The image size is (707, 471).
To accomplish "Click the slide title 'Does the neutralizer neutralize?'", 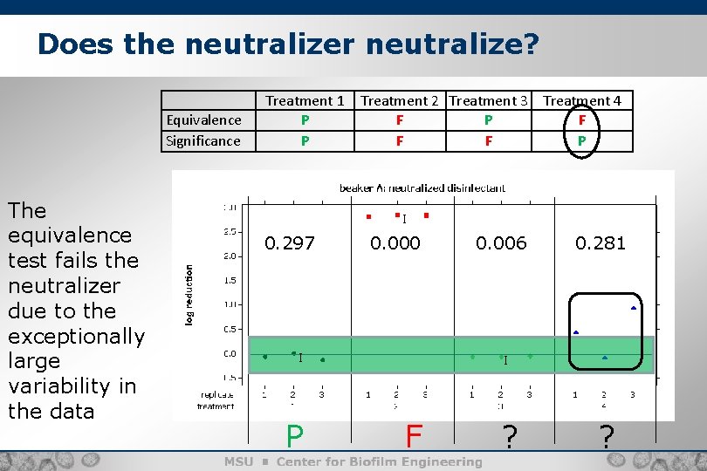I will point(288,44).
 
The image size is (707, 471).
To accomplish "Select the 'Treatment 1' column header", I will point(305,100).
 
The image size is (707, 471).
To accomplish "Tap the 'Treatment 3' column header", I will point(488,100).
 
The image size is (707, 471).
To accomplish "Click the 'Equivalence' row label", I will point(203,119).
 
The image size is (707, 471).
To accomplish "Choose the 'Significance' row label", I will point(203,140).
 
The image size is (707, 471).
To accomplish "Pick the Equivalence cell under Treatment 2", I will point(399,119).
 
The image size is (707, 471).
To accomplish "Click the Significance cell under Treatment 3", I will point(488,140).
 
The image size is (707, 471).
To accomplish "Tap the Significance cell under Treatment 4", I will point(582,140).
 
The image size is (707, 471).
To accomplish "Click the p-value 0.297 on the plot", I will point(290,243).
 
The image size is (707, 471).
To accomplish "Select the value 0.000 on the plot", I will point(395,243).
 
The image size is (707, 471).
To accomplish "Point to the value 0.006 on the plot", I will point(502,243).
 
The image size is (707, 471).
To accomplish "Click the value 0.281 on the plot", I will point(601,243).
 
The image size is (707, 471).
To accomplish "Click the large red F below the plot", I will point(414,435).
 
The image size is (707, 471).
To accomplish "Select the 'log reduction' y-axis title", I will point(189,296).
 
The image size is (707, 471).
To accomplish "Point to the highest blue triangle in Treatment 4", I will point(633,308).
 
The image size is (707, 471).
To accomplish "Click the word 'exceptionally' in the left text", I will point(76,336).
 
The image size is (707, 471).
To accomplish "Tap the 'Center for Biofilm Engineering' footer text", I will point(379,461).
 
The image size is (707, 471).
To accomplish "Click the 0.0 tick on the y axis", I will point(230,353).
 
